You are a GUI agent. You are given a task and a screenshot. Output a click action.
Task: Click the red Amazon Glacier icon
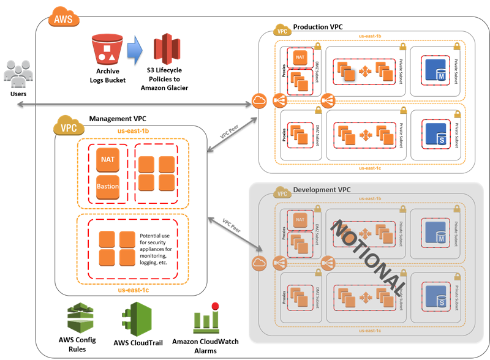click(164, 53)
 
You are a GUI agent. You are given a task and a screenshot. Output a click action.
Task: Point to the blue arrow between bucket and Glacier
click(135, 53)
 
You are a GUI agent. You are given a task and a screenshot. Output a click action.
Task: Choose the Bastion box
click(108, 186)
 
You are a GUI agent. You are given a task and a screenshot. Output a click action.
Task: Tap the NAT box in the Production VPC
click(300, 58)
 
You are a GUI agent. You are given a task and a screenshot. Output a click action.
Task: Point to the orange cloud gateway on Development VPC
click(257, 264)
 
